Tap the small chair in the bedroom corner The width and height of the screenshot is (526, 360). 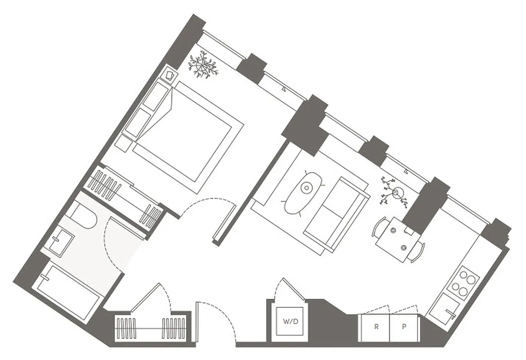point(170,74)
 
